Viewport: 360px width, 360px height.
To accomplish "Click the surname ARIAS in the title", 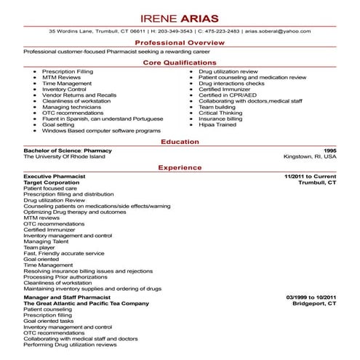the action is pos(204,15).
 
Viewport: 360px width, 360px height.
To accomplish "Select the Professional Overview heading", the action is pos(180,44).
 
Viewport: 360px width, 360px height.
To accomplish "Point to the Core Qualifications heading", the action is pos(180,63).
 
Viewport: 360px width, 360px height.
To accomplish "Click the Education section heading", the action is pos(180,141).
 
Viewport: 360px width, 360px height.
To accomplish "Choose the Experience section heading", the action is pos(180,167).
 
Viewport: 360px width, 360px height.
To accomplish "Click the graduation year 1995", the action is pos(330,150).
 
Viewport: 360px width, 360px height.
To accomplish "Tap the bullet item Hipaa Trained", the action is pos(218,124).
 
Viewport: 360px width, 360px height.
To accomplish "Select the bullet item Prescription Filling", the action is pos(67,72).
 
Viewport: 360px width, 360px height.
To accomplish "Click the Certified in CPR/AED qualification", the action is pos(228,95).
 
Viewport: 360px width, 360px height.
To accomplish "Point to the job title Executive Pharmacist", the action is pos(55,176).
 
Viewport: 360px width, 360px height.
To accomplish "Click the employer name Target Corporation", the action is pos(52,182).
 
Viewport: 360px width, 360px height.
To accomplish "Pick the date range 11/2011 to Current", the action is pos(311,176).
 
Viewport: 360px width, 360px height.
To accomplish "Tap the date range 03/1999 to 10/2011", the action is pos(311,297).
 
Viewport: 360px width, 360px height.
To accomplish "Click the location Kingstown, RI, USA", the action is pos(310,156).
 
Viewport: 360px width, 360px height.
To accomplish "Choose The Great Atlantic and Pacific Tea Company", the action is pos(80,303).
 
